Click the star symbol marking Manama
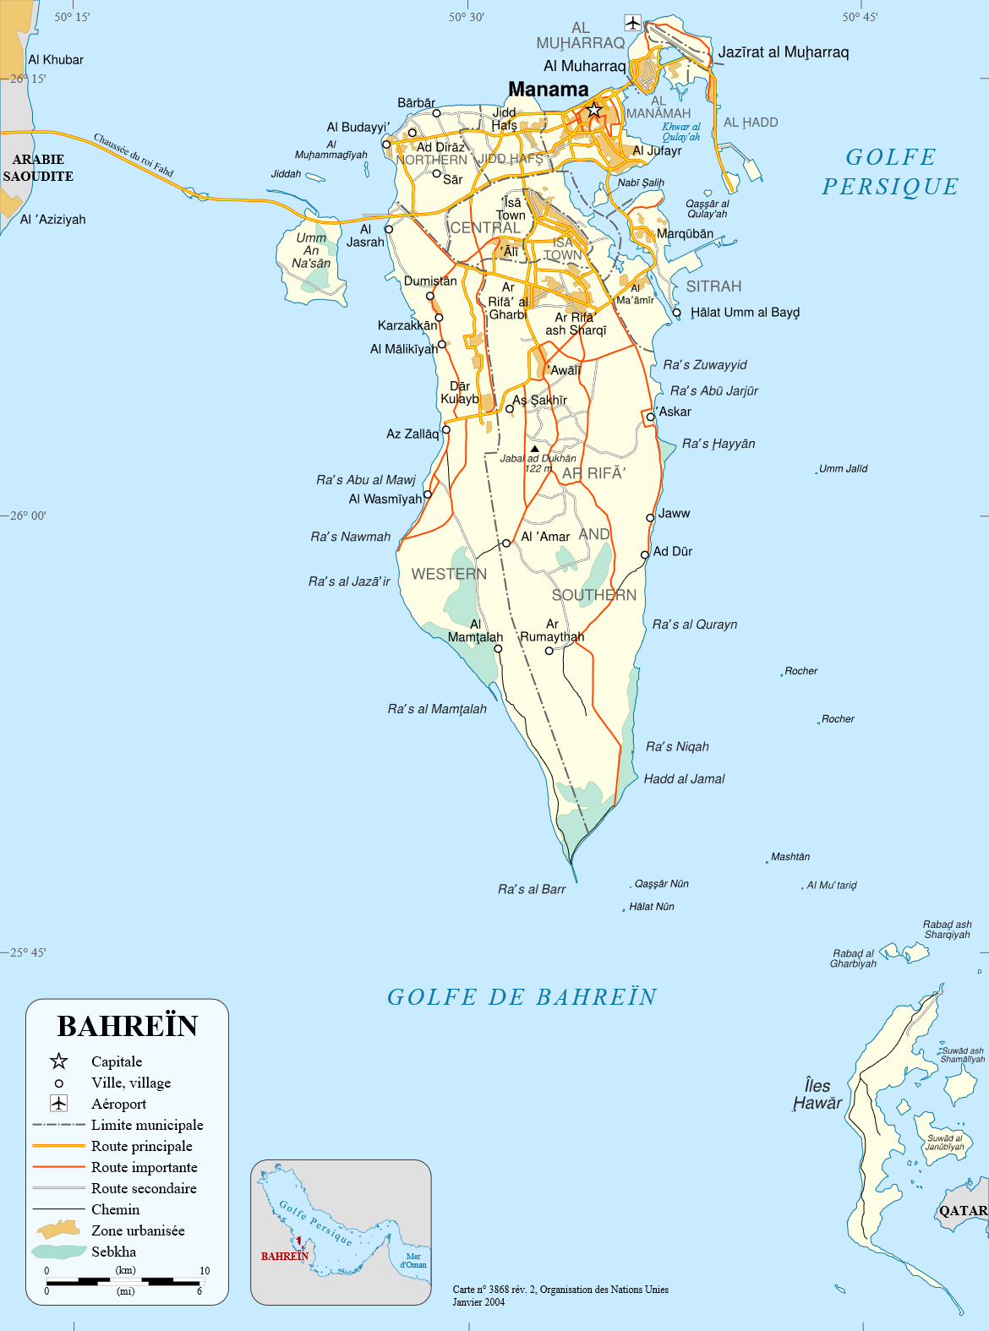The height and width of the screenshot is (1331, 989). (594, 110)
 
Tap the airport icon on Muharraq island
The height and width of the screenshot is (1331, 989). (632, 22)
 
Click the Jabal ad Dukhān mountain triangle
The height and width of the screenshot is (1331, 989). (534, 449)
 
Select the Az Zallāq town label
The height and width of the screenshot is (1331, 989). (413, 434)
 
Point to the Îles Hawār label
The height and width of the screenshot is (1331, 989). (817, 1094)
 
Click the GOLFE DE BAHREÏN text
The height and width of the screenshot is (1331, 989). (522, 997)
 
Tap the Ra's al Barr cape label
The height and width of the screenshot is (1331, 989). (532, 889)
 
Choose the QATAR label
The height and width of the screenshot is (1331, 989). (963, 1210)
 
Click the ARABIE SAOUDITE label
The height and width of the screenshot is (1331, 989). (38, 167)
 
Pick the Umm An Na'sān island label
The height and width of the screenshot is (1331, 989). (311, 250)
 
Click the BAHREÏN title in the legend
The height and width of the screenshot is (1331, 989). (127, 1026)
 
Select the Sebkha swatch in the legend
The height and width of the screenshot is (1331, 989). (58, 1252)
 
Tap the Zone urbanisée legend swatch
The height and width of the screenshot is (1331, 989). (58, 1230)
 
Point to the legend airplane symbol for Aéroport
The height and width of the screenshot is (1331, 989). (58, 1103)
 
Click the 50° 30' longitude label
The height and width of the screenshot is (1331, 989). (467, 17)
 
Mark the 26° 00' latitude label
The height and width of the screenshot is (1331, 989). (28, 515)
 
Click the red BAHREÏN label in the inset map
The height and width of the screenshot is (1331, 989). (284, 1256)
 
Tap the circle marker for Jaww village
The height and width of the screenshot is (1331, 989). (650, 517)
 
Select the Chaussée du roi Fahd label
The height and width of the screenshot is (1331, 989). (133, 155)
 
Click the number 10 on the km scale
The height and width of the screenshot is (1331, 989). (205, 1270)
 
